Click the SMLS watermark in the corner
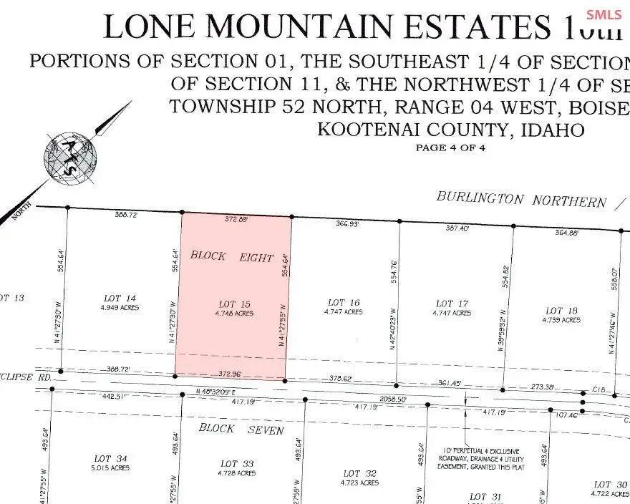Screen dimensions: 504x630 pos(604,14)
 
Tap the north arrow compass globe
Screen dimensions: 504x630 pos(70,155)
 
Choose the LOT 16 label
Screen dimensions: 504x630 pos(343,303)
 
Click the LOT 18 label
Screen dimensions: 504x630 pos(561,311)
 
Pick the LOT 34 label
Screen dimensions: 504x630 pos(110,458)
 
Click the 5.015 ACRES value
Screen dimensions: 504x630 pos(110,467)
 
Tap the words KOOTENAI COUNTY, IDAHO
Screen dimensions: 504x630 pos(450,130)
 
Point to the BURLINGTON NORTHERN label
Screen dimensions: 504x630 pos(521,200)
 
